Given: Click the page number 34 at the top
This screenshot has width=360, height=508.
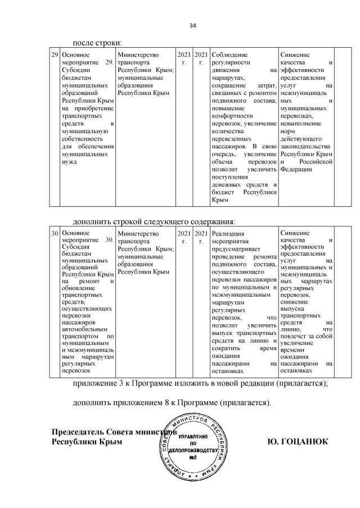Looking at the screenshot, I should (192, 26).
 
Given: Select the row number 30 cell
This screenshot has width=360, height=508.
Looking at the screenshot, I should (55, 233).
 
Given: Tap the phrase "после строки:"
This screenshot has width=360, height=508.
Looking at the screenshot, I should (96, 42).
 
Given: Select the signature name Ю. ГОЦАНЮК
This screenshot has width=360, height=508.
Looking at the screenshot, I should (298, 442).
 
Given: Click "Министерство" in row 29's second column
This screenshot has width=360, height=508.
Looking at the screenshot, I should (138, 55).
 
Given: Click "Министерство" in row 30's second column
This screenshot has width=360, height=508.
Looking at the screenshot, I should (138, 233).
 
